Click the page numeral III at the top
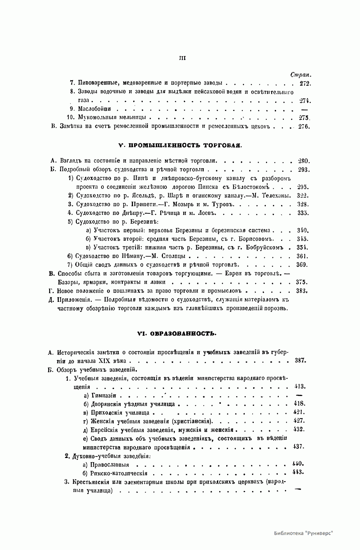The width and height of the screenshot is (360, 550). pyautogui.click(x=182, y=58)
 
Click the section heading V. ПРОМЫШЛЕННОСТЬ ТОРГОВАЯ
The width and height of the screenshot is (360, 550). pyautogui.click(x=180, y=145)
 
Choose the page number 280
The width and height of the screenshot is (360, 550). pyautogui.click(x=304, y=161)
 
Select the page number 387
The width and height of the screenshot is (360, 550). pyautogui.click(x=300, y=361)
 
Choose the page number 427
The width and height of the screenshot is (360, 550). pyautogui.click(x=299, y=421)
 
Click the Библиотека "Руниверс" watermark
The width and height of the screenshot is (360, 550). pyautogui.click(x=304, y=533)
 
